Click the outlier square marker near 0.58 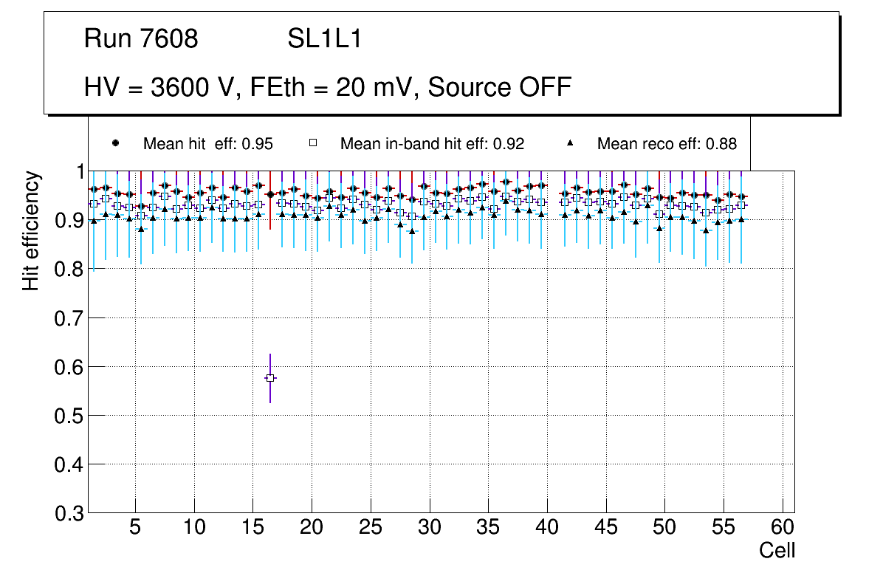[x=270, y=378]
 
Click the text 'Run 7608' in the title [x=141, y=39]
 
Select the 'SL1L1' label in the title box [x=325, y=39]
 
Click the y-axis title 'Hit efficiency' [x=31, y=230]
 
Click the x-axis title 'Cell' [x=777, y=550]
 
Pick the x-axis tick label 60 [x=783, y=528]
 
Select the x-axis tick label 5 [x=135, y=528]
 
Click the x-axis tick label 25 [x=371, y=528]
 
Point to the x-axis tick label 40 [x=547, y=528]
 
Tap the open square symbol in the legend [x=313, y=143]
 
